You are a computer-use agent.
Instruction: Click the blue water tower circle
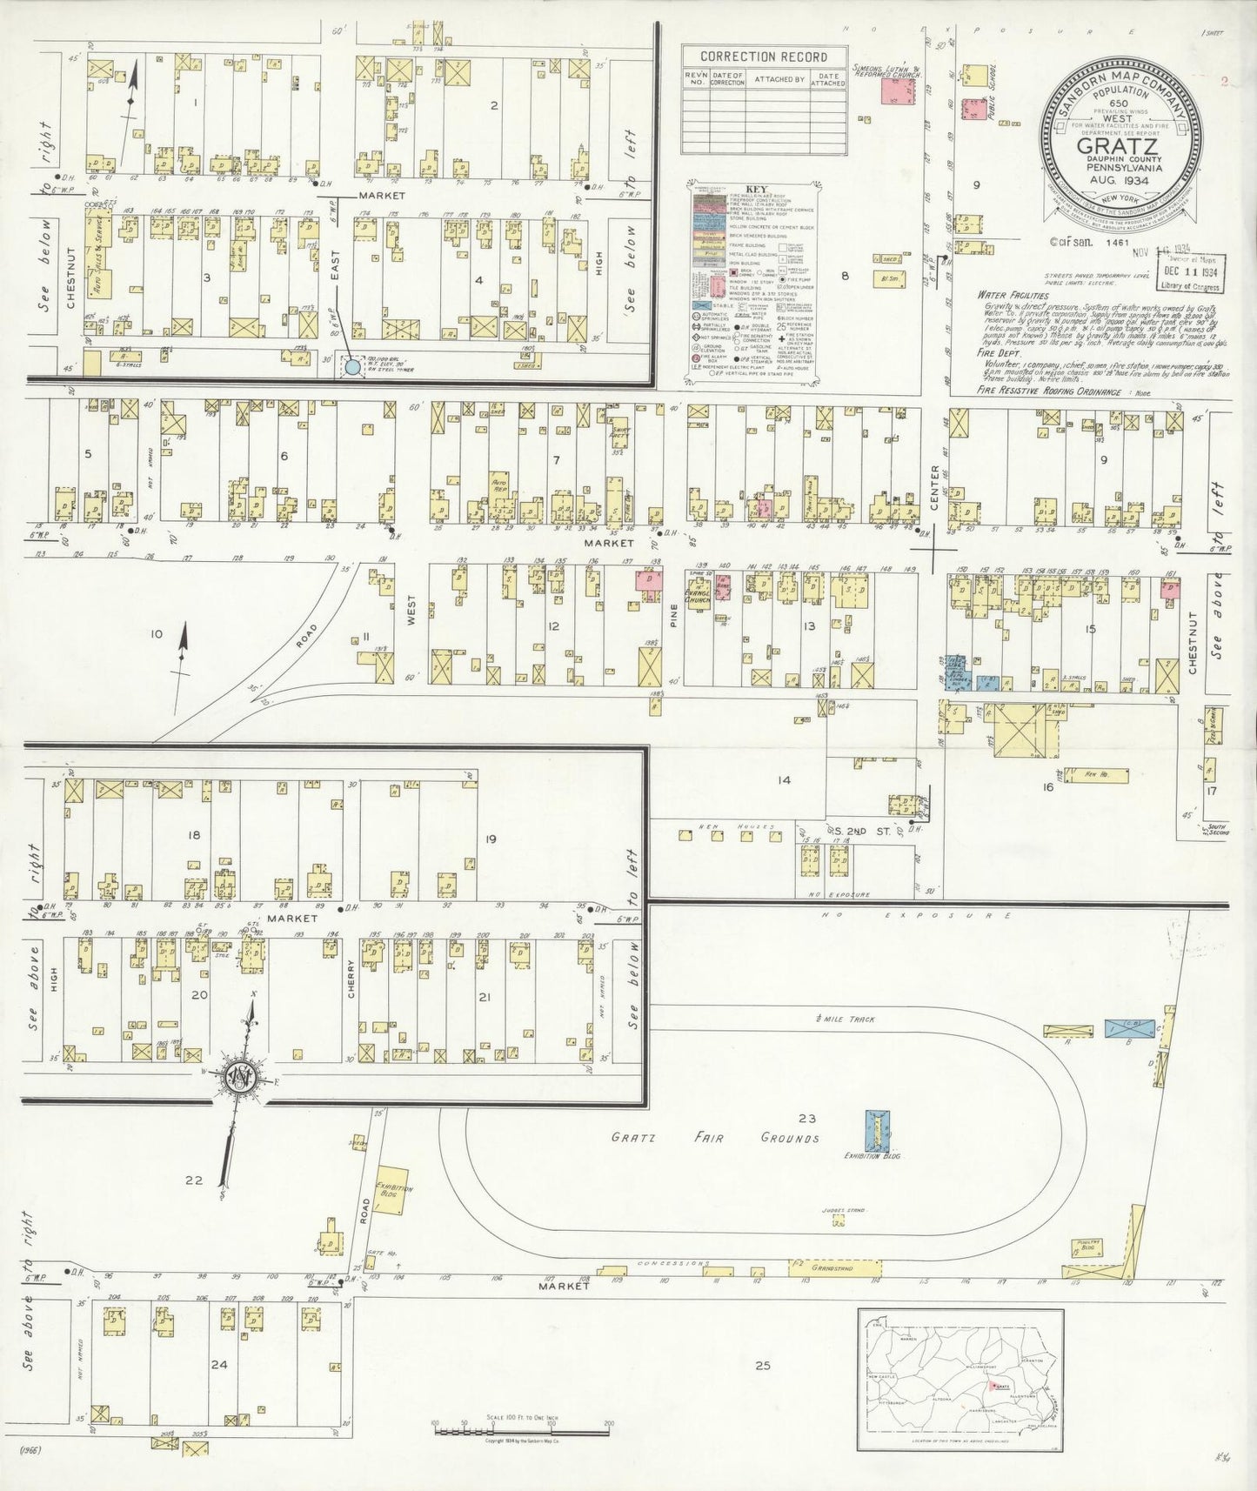(x=351, y=367)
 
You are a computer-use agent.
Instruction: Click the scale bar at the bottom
(x=521, y=1427)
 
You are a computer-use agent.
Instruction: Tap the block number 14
(x=784, y=779)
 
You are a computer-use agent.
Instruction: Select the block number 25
(x=763, y=1366)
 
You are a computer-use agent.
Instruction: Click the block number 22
(x=193, y=1180)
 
